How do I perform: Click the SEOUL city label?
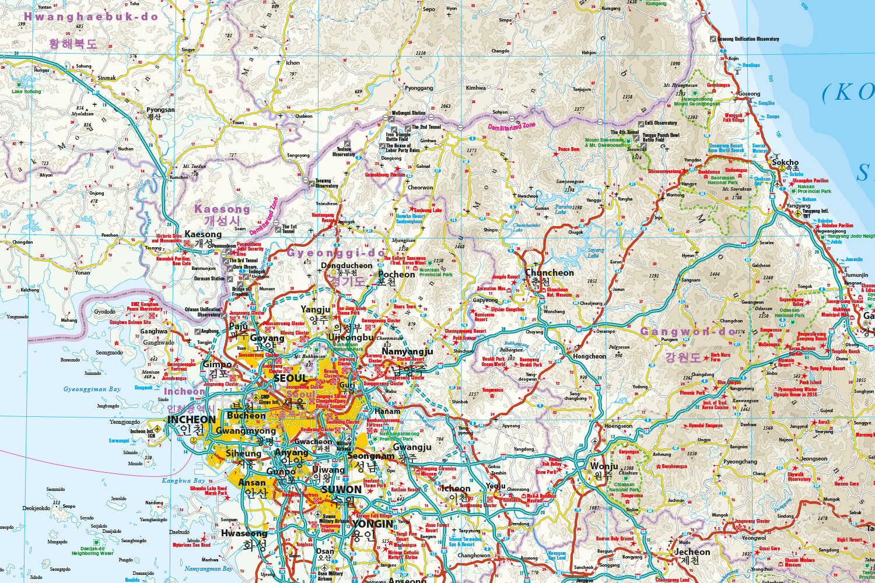pyautogui.click(x=290, y=378)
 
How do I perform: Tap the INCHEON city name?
pyautogui.click(x=191, y=419)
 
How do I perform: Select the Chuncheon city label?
pyautogui.click(x=549, y=272)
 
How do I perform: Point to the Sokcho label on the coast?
pyautogui.click(x=785, y=162)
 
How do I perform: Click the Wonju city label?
pyautogui.click(x=604, y=466)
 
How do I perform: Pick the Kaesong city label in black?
pyautogui.click(x=203, y=234)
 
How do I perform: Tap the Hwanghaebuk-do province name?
pyautogui.click(x=91, y=17)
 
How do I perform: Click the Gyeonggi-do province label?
pyautogui.click(x=336, y=253)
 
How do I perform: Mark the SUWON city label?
pyautogui.click(x=341, y=490)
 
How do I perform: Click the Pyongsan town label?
pyautogui.click(x=160, y=110)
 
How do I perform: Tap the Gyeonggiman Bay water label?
pyautogui.click(x=92, y=389)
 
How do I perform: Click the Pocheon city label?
pyautogui.click(x=397, y=274)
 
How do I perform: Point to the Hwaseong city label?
pyautogui.click(x=244, y=533)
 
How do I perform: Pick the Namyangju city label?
pyautogui.click(x=407, y=351)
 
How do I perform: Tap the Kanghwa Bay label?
pyautogui.click(x=183, y=481)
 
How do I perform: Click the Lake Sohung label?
pyautogui.click(x=26, y=92)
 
